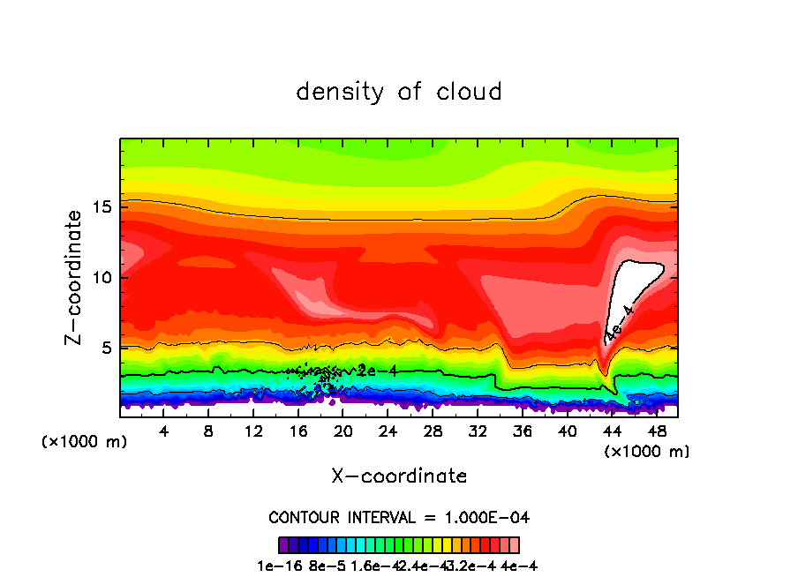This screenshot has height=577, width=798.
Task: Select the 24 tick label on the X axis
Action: tap(388, 431)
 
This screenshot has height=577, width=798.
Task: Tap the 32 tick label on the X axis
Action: tap(478, 431)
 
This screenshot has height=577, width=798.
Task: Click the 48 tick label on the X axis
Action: tap(656, 431)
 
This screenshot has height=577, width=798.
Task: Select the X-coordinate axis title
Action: tap(399, 476)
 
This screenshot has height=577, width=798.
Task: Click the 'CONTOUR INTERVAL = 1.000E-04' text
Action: tap(399, 517)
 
